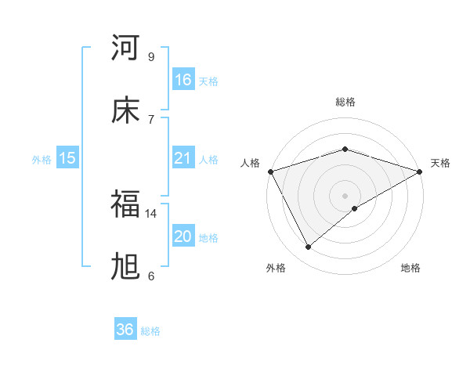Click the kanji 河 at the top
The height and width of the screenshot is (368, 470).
125,49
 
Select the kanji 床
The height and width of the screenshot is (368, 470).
125,110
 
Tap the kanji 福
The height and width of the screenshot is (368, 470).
125,204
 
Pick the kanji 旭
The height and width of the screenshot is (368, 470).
125,267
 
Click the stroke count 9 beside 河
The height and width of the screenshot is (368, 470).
150,56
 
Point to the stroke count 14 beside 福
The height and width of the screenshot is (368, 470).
151,213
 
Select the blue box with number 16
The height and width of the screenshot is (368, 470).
183,80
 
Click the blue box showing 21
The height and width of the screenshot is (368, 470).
183,158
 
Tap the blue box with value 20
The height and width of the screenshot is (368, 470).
183,236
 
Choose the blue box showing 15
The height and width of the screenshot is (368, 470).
67,158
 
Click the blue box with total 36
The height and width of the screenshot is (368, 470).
125,330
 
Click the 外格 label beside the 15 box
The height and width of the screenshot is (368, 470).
42,160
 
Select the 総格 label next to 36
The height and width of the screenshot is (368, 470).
150,331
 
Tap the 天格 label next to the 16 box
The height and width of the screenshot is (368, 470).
208,81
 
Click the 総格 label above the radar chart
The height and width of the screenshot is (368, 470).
345,102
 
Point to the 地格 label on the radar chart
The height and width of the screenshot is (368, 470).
410,269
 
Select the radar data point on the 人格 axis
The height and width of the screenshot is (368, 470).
270,171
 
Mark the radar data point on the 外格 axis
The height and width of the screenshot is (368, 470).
309,247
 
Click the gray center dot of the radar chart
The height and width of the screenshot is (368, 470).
345,195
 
